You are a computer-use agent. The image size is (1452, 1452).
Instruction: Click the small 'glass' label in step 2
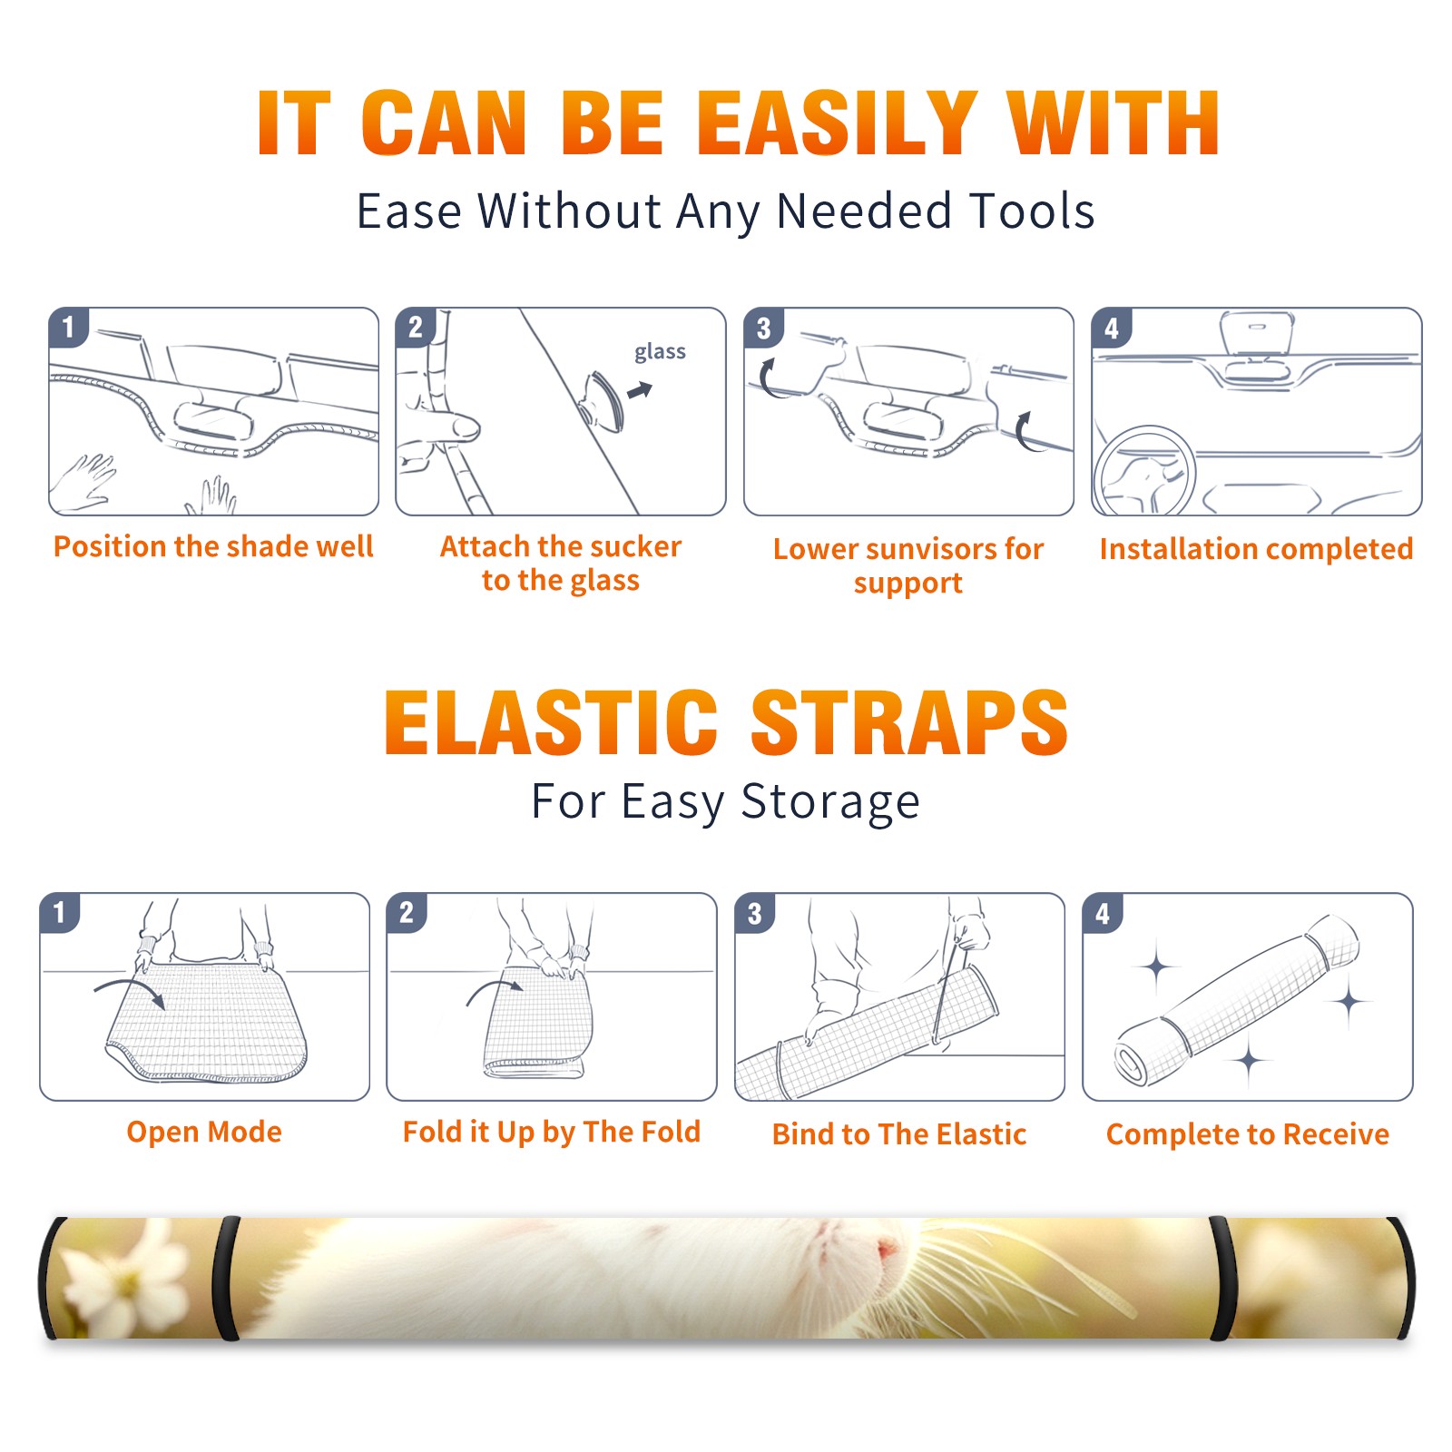[660, 352]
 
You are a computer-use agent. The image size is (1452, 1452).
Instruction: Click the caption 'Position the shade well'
[213, 546]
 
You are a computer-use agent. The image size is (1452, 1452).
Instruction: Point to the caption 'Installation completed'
[1256, 549]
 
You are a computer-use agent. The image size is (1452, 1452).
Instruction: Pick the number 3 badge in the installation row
[763, 328]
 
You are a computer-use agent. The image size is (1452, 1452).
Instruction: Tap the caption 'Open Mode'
[204, 1132]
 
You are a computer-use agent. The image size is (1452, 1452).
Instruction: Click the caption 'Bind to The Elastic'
[898, 1134]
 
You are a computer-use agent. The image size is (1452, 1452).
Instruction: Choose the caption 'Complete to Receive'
[1248, 1134]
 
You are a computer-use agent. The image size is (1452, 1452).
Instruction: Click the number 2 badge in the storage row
[406, 913]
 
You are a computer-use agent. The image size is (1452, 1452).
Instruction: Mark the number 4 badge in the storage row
[1102, 913]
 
